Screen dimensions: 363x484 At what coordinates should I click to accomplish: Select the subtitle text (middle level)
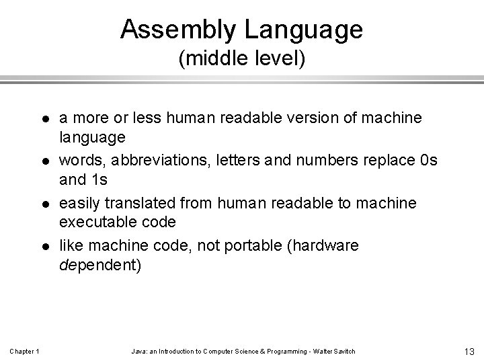click(242, 61)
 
